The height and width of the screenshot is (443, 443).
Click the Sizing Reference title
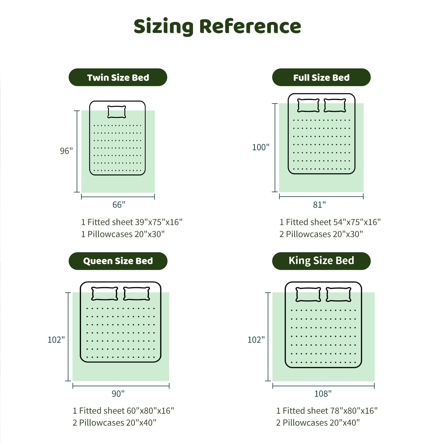pos(217,27)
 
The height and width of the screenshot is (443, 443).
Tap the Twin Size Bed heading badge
pos(118,78)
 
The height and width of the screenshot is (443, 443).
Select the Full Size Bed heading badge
pos(321,78)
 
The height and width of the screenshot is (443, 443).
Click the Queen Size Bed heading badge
pos(118,261)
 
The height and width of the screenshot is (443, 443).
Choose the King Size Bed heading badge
pos(321,261)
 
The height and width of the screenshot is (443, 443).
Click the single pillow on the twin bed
pos(117,112)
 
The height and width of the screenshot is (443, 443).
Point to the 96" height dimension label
pos(66,151)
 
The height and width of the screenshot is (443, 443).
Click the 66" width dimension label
pos(119,205)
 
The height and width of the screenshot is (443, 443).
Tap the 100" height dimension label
pos(261,147)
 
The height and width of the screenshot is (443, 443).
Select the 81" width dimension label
pos(319,205)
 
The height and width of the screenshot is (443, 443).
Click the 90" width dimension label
pos(118,393)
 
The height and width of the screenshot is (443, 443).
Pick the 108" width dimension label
pos(323,393)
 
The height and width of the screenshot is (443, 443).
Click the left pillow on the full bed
pos(308,105)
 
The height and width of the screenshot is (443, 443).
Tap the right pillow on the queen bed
pos(136,294)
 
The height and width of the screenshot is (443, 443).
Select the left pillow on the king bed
pos(308,294)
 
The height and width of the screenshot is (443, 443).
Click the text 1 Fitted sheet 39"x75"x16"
pos(132,222)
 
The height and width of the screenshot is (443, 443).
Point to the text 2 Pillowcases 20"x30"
pos(321,234)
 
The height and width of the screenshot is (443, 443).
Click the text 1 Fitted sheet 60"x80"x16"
pos(123,411)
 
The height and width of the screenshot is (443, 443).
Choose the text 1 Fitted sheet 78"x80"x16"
pos(327,411)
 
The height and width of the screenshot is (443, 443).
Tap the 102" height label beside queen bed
pos(56,340)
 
